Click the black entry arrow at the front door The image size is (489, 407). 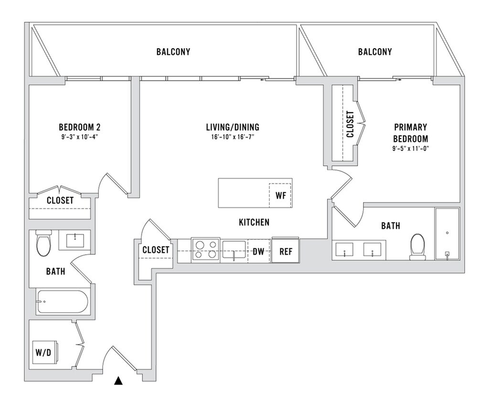(x=118, y=381)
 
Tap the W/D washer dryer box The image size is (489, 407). (x=45, y=352)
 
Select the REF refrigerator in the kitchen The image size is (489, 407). (x=286, y=251)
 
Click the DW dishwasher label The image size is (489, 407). (x=258, y=251)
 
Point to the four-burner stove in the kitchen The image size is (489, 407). (x=205, y=250)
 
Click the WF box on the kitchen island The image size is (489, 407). (x=281, y=195)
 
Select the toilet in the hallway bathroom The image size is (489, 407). (x=43, y=243)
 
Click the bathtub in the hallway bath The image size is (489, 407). (x=63, y=302)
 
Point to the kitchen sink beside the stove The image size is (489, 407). (x=234, y=249)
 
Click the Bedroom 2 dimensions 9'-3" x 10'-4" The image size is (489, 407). (x=80, y=137)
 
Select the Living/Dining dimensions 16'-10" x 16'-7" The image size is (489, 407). (x=233, y=137)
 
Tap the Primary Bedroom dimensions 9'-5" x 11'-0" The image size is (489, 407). (x=410, y=149)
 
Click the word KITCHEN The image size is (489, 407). (x=254, y=222)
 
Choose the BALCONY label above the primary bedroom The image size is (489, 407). (x=375, y=52)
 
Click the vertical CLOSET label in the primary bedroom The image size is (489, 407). (x=350, y=124)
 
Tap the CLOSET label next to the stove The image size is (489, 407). (x=156, y=250)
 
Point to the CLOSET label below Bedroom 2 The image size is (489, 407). (x=60, y=201)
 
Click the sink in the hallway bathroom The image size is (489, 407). (x=75, y=240)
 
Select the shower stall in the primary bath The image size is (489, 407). (x=447, y=234)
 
